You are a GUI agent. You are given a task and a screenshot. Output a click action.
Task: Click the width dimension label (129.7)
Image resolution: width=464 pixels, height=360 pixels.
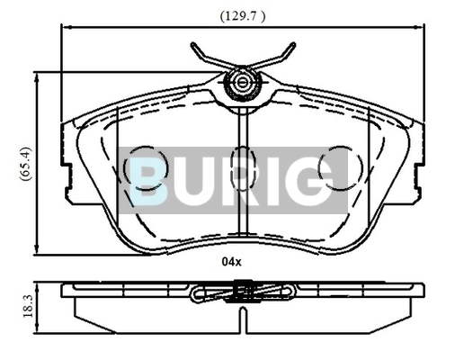[243, 16]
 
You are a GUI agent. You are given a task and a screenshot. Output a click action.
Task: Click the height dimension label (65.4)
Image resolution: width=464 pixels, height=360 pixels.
[25, 164]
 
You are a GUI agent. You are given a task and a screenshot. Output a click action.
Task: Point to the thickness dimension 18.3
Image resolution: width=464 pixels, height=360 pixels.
[27, 306]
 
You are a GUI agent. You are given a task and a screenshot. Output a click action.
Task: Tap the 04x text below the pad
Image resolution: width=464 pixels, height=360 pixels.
[231, 262]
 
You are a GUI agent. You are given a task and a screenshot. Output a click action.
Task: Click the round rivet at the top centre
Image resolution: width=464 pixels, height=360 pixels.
[242, 82]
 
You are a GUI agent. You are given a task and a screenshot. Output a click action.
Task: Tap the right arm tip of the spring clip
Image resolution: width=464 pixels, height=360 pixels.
[293, 45]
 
